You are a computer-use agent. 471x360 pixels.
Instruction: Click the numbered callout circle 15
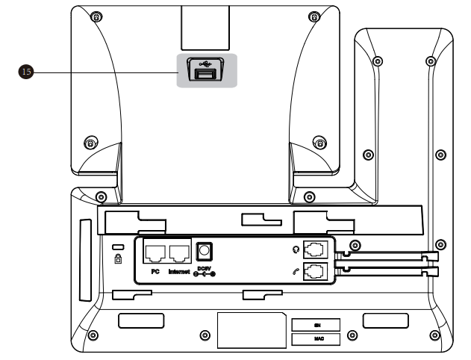(x=26, y=72)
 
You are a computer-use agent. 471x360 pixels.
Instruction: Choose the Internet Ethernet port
(x=179, y=253)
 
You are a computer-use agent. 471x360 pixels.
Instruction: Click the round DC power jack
(x=203, y=252)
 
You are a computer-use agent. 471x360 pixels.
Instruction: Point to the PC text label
(x=156, y=271)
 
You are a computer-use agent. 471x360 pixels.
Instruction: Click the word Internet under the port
(x=179, y=271)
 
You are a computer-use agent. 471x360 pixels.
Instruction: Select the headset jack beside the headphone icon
(x=316, y=252)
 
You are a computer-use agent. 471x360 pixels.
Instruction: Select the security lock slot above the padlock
(x=117, y=247)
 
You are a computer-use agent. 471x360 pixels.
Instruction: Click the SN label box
(x=315, y=325)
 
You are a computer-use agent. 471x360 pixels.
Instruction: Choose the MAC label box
(x=315, y=339)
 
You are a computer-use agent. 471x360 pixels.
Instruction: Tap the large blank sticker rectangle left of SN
(x=250, y=329)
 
